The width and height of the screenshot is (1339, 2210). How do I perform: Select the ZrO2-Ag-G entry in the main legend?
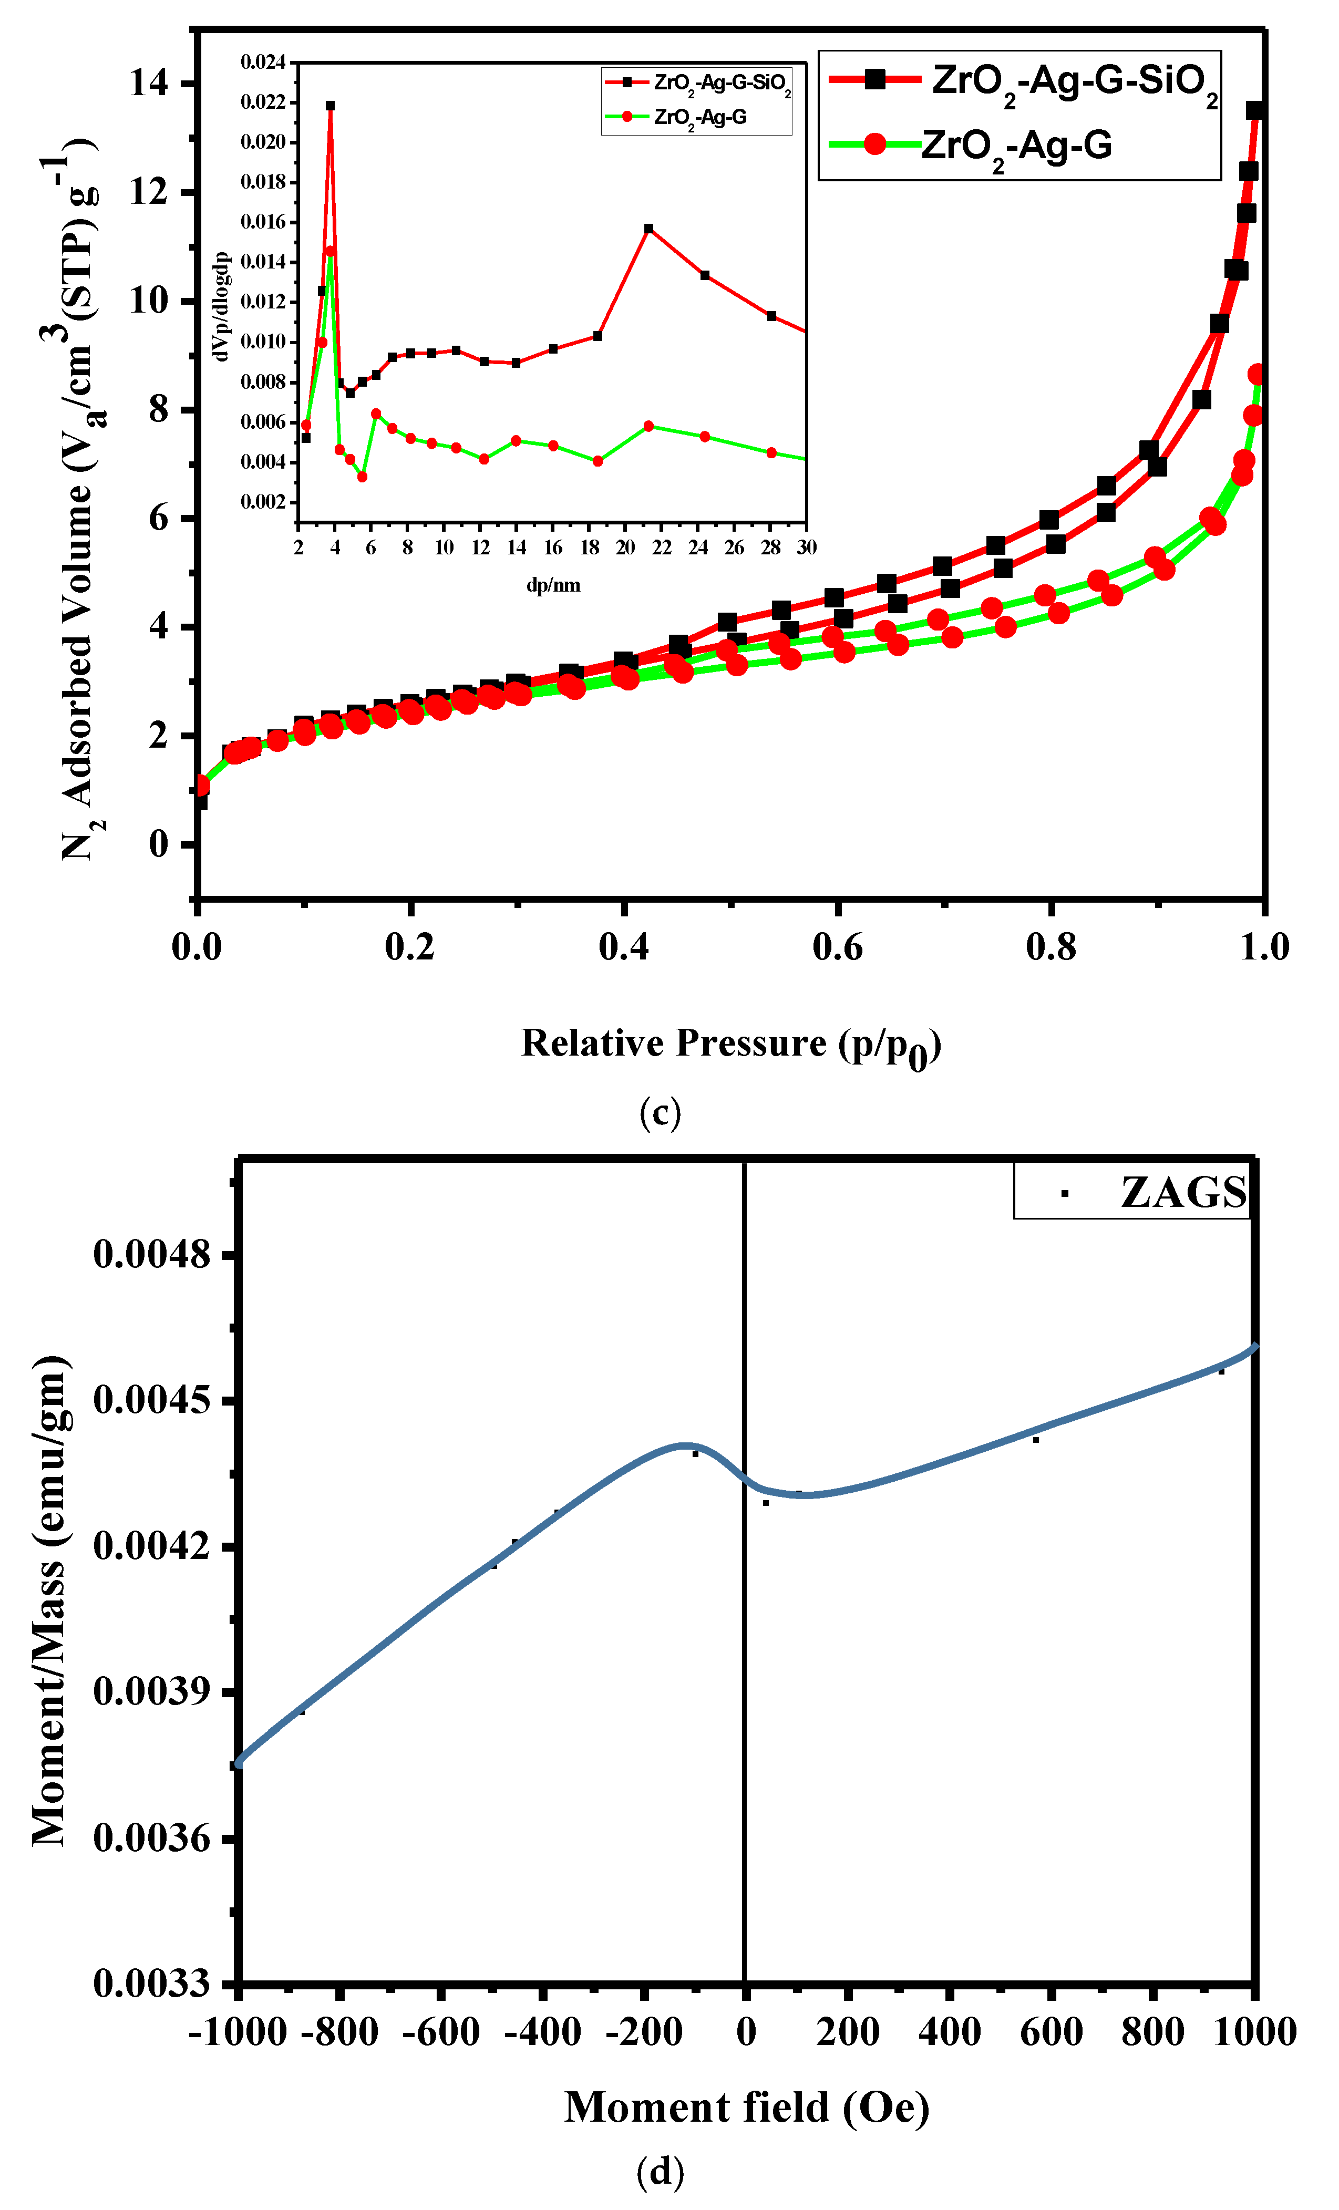[1016, 146]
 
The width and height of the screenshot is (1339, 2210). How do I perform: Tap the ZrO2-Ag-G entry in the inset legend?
[699, 118]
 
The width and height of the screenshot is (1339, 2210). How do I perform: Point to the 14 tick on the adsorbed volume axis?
[149, 84]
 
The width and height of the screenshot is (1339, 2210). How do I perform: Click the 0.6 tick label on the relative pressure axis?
[837, 948]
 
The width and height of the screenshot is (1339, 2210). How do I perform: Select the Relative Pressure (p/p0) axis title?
[731, 1045]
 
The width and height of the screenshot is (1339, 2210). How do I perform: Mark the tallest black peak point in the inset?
[330, 106]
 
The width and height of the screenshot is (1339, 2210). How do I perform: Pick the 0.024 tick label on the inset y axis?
[263, 62]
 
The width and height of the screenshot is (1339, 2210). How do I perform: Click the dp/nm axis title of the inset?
[553, 586]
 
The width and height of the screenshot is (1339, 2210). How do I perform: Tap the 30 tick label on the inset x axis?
[806, 547]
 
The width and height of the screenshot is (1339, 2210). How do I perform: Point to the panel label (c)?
[660, 1112]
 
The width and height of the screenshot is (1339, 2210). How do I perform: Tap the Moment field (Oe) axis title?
[746, 2107]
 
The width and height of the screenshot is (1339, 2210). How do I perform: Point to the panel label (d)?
[660, 2172]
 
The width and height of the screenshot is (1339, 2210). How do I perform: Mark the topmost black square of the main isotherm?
[1255, 110]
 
